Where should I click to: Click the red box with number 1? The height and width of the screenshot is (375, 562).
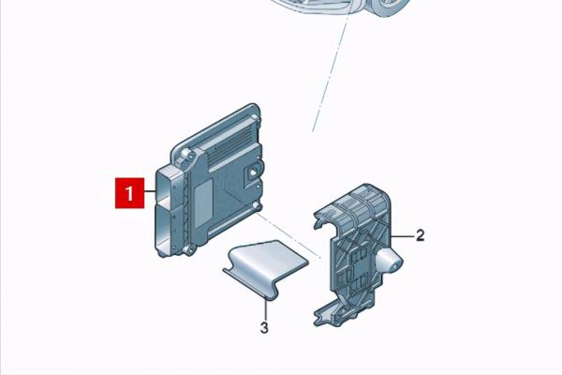coord(130,193)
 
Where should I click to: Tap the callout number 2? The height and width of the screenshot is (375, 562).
coord(420,235)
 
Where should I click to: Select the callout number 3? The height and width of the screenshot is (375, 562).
coord(264,327)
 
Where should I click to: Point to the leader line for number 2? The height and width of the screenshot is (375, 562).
coord(403,236)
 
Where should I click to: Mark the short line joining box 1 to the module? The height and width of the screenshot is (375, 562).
coord(150,192)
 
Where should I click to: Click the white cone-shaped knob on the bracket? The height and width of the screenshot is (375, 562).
coord(389,261)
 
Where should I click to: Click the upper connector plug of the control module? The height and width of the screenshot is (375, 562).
coord(170,186)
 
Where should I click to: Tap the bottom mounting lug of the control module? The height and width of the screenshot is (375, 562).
coord(189,250)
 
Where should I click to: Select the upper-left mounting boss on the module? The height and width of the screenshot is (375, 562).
coord(185,155)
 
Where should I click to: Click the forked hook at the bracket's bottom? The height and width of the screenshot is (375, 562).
coord(325,317)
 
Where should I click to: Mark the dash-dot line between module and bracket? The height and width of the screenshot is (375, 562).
coord(288,235)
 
